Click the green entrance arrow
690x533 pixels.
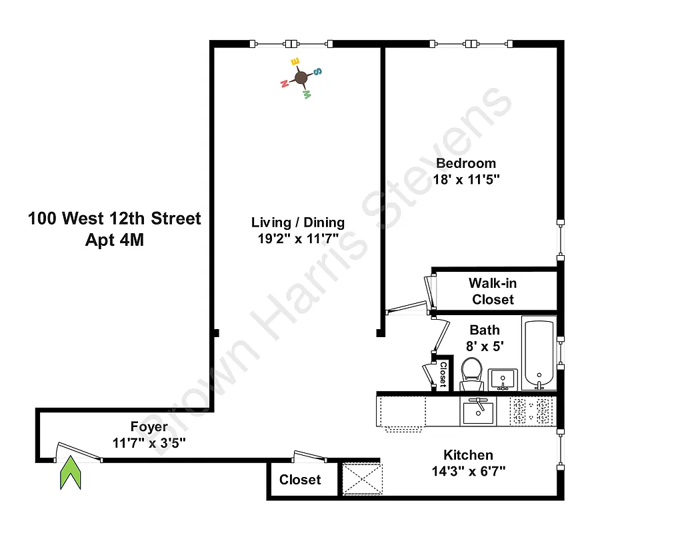71,474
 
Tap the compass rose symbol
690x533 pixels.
301,78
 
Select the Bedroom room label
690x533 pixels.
466,163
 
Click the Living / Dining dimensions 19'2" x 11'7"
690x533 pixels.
298,239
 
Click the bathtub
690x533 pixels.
538,355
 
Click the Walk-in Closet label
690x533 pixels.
493,291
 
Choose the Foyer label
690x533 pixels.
149,427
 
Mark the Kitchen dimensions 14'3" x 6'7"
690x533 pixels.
469,472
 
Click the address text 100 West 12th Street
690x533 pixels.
115,219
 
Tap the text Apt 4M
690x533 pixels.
115,241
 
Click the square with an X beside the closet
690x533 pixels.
361,478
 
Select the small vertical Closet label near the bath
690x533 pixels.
443,374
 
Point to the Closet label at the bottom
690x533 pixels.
300,480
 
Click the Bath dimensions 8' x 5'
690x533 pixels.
485,346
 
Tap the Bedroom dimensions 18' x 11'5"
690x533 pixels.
466,179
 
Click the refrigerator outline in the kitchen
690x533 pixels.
401,413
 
